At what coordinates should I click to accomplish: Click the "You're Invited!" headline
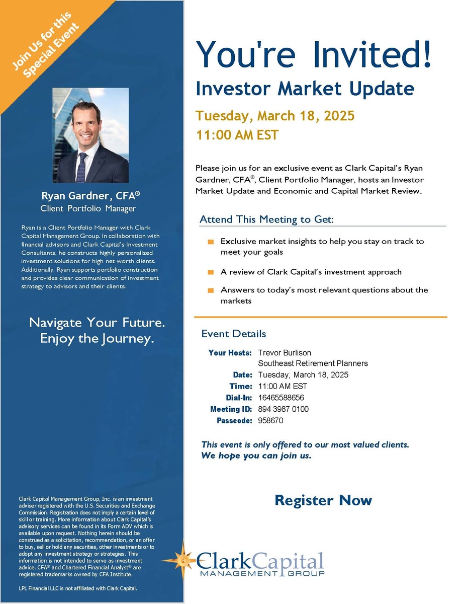click(x=313, y=54)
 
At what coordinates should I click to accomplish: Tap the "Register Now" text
click(x=323, y=500)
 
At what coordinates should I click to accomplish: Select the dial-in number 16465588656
click(x=281, y=398)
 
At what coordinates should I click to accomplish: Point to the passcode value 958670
click(x=270, y=420)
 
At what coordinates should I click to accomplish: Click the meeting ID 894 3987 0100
click(x=283, y=409)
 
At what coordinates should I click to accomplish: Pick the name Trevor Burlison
click(x=285, y=353)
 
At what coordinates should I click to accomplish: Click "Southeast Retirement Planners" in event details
click(x=313, y=363)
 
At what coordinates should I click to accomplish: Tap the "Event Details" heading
click(x=234, y=334)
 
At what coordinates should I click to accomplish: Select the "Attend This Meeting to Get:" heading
click(x=266, y=219)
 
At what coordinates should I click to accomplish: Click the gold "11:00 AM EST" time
click(x=237, y=135)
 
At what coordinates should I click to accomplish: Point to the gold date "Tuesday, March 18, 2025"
click(x=275, y=116)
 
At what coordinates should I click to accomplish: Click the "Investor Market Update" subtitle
click(x=305, y=89)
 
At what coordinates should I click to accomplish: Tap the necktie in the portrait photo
click(x=81, y=168)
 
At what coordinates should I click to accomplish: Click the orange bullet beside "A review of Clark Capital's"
click(x=211, y=272)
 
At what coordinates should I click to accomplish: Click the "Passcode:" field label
click(x=234, y=420)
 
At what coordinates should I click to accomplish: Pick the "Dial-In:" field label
click(x=239, y=398)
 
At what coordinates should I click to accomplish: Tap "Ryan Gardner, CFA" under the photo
click(x=90, y=196)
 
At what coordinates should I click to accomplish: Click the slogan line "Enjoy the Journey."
click(x=97, y=339)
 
